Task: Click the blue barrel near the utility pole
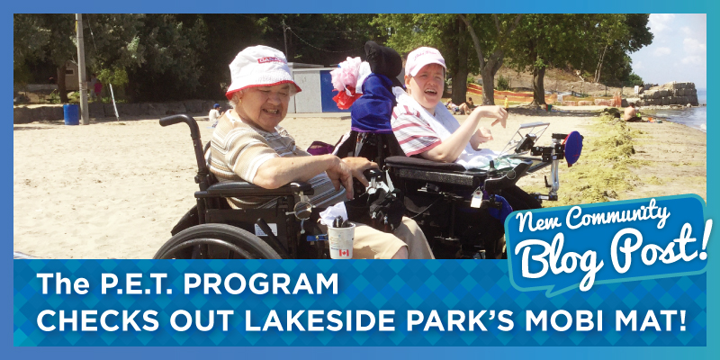click(x=71, y=114)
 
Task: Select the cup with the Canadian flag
click(x=341, y=240)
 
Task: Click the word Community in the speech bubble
click(x=617, y=216)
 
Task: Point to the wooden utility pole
click(x=82, y=69)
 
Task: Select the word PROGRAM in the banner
click(x=261, y=283)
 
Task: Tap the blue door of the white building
click(x=328, y=91)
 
